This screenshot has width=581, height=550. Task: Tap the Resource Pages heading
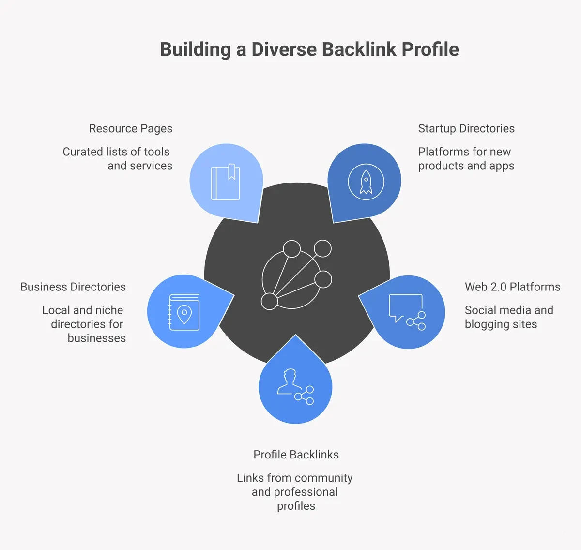click(x=131, y=128)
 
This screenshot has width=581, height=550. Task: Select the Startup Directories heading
click(x=466, y=128)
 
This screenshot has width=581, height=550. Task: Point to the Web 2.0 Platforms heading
click(x=512, y=287)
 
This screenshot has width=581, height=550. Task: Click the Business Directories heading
click(x=73, y=287)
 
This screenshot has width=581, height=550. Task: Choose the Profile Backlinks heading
click(x=296, y=455)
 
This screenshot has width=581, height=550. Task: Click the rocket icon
click(x=366, y=183)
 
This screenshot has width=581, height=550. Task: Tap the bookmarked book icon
click(x=226, y=182)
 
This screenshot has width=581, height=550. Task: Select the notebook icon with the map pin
click(x=184, y=312)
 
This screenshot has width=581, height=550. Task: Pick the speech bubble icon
click(x=406, y=307)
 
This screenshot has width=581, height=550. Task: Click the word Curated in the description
click(x=83, y=152)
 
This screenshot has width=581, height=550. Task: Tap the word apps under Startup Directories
click(x=502, y=166)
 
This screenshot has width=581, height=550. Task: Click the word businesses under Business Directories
click(x=96, y=338)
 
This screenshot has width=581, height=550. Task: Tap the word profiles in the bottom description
click(x=296, y=506)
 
